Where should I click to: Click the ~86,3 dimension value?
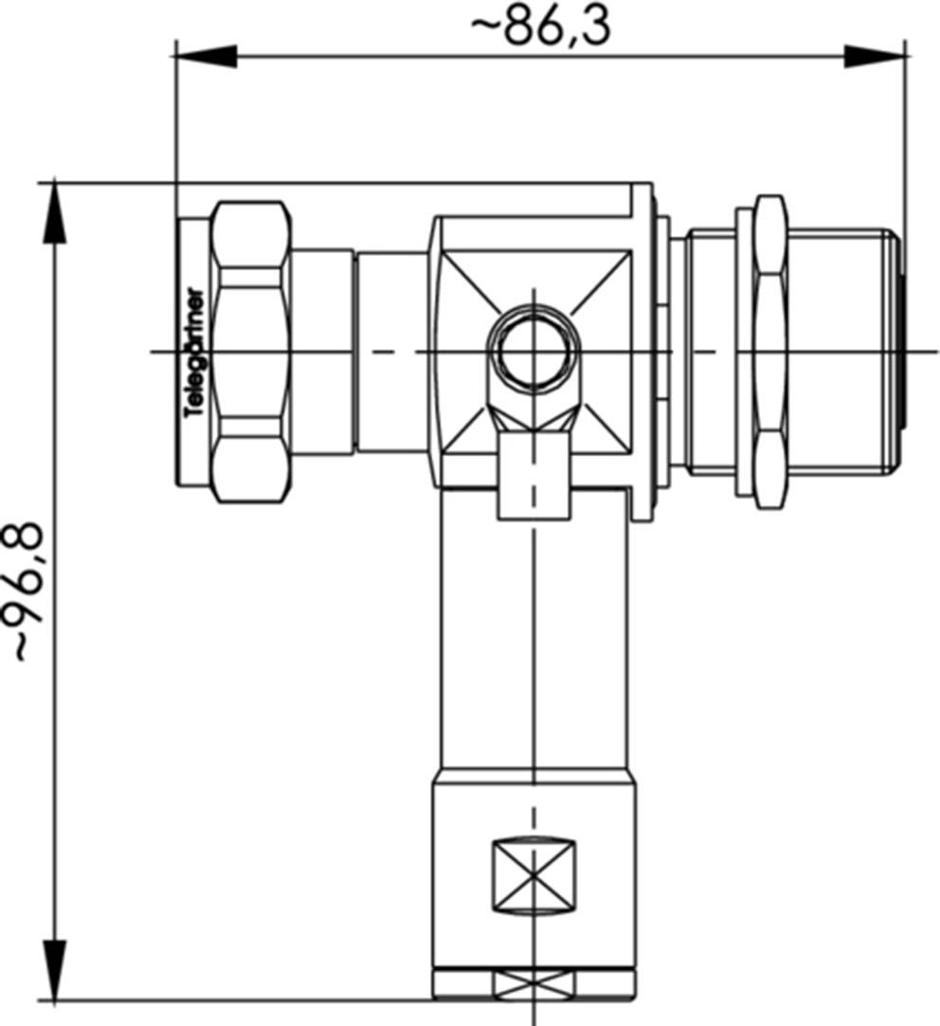541,27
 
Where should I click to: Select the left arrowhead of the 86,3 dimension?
207,56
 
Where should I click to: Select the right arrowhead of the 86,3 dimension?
874,56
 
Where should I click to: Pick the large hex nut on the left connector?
249,351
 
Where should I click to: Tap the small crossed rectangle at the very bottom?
533,985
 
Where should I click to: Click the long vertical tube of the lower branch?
533,645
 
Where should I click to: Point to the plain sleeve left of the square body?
390,352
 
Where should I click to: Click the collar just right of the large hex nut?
322,352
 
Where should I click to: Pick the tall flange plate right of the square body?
643,352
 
